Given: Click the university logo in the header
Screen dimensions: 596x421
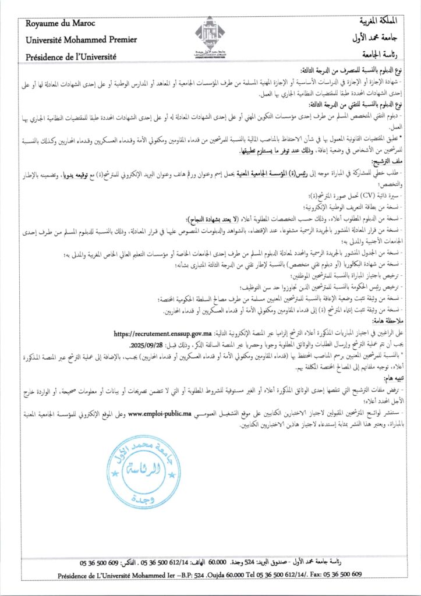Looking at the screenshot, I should tap(210, 37).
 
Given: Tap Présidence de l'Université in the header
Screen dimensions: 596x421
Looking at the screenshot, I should tap(71, 56).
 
